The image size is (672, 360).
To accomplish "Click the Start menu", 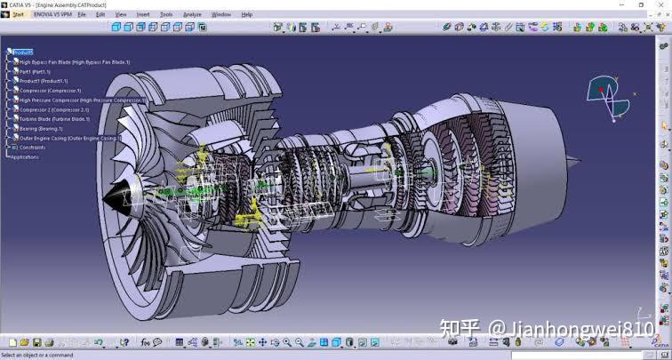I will click(x=19, y=14).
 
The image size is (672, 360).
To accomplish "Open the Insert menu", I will click(x=143, y=14).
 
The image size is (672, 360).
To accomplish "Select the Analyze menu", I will click(x=192, y=14).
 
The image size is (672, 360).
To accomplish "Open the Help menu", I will click(x=247, y=14).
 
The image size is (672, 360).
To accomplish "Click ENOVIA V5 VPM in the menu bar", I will click(x=51, y=14).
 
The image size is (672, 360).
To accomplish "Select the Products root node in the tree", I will click(x=23, y=52).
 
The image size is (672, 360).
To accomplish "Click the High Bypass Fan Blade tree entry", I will click(x=74, y=62).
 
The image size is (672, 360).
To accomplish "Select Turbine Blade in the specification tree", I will click(x=54, y=119).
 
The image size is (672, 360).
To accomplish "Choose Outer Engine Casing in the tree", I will click(x=69, y=139).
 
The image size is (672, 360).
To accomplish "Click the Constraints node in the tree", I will click(x=32, y=148).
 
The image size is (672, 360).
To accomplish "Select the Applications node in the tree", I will click(x=25, y=157).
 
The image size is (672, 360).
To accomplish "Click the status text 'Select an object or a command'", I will click(x=37, y=355).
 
